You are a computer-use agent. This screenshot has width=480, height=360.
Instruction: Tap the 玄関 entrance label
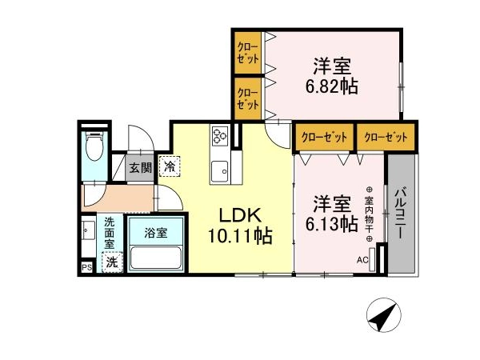141,168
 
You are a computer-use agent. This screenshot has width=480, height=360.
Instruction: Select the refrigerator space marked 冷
170,166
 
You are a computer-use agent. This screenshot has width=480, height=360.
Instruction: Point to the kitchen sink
220,172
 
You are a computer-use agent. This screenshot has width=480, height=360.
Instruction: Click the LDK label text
240,215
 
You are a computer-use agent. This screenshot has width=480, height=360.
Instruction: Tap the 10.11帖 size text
240,236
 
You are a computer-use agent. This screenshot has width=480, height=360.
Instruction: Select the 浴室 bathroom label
156,234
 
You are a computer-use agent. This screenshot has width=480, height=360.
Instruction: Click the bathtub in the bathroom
156,258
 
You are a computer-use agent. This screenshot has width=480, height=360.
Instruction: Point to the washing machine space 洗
112,262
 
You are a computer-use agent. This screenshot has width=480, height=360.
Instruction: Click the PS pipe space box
87,267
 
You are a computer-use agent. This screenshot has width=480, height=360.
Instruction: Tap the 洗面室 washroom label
110,233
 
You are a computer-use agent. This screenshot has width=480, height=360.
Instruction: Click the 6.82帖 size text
331,86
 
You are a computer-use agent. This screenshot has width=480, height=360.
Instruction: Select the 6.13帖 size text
331,224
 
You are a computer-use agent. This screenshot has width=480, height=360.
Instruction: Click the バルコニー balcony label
401,213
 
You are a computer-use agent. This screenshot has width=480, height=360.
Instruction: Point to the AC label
362,260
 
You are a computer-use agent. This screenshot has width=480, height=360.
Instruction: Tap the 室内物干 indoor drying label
369,214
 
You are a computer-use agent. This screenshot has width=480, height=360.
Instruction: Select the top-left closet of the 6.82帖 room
248,53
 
